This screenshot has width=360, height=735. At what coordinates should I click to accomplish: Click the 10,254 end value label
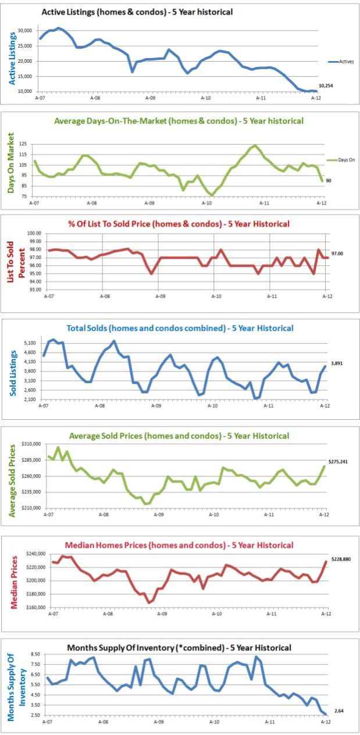326,86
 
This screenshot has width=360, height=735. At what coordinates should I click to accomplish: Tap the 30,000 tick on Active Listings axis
24,30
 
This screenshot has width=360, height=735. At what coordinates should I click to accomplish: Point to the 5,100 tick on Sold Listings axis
29,343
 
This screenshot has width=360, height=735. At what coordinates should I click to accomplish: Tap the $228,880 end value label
340,559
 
